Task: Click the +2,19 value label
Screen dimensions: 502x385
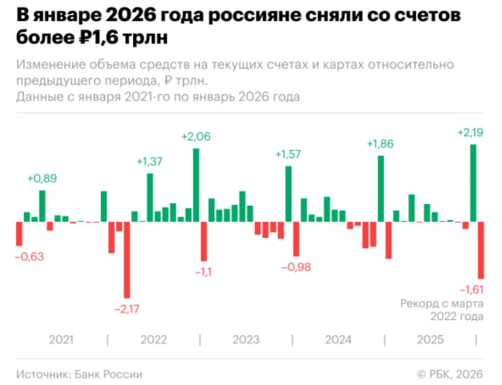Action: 470,132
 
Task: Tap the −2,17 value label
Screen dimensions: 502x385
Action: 127,309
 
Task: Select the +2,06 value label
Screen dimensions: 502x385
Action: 196,136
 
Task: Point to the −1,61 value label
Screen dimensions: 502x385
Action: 471,289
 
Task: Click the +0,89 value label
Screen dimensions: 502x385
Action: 42,178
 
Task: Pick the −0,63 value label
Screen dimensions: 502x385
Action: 29,256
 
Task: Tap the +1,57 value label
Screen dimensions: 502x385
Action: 288,154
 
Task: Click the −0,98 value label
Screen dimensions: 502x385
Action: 296,267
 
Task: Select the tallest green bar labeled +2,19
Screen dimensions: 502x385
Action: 473,183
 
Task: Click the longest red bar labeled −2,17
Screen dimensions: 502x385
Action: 127,260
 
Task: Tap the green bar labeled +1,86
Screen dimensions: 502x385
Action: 381,188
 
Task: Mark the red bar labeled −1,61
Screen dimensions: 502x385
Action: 480,250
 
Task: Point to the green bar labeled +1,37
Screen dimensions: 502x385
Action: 150,198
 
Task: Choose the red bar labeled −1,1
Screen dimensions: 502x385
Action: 204,241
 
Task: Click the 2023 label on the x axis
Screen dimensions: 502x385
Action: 246,340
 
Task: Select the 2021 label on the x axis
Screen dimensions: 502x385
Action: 61,340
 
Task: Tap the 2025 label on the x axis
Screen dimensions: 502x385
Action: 430,340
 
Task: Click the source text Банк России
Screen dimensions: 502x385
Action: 109,374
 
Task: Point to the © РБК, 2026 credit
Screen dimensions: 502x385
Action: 450,374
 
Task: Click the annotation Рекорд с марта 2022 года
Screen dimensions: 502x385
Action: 442,310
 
